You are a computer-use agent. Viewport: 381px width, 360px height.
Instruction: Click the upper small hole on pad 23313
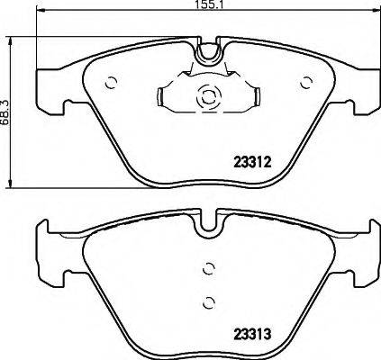point(208,268)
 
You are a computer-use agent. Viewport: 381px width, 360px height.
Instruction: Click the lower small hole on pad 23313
point(208,301)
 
